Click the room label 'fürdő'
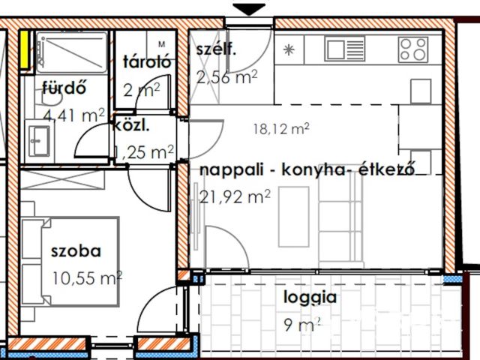[x=64, y=88]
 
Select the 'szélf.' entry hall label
[x=217, y=50]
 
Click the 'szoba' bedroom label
[x=76, y=251]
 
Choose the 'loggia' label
[x=310, y=296]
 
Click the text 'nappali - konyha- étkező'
[x=307, y=170]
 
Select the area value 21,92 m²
[x=235, y=197]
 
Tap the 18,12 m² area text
[x=282, y=129]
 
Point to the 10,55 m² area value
[x=87, y=278]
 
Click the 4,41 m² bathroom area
[x=73, y=115]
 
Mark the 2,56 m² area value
[x=227, y=76]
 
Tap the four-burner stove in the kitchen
[x=413, y=49]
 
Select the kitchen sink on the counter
[x=345, y=49]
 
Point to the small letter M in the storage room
[x=161, y=44]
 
